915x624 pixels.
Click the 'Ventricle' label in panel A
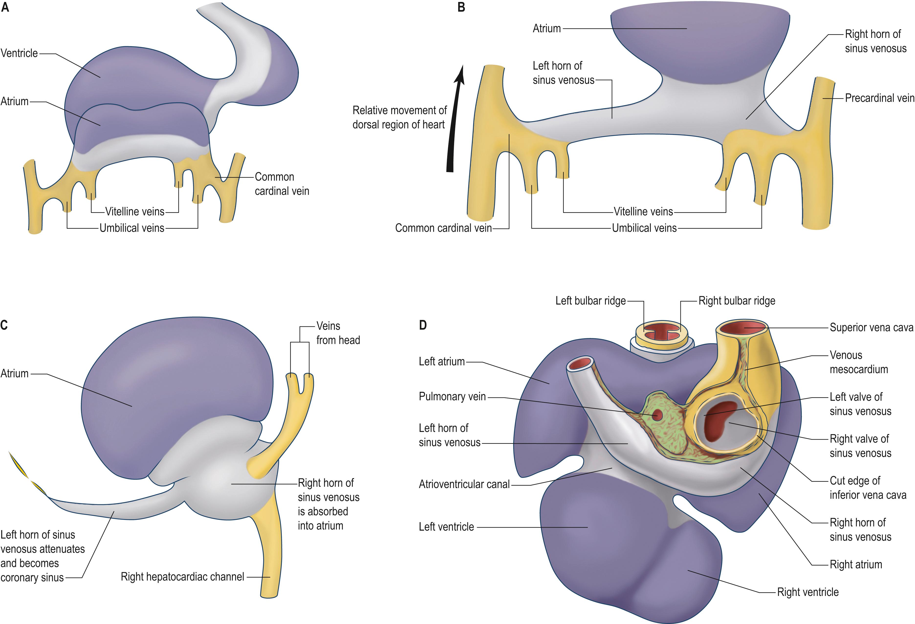point(19,53)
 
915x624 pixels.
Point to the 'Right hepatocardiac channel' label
point(182,577)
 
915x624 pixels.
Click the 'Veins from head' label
point(338,333)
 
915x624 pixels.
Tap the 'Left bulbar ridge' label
point(590,301)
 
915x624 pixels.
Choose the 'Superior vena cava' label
point(871,328)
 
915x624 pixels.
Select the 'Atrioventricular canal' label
point(464,484)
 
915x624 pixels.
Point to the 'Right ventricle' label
point(807,592)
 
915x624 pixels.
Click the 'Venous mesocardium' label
point(858,362)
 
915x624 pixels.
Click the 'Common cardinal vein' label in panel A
point(282,184)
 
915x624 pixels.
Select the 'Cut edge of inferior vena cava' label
point(867,488)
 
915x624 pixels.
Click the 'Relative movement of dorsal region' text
point(399,117)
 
